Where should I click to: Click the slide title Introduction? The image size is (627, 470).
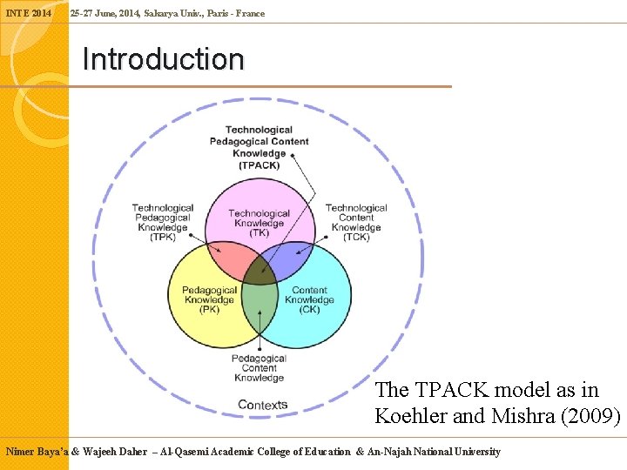tap(163, 60)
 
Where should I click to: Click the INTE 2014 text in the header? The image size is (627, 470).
tap(28, 13)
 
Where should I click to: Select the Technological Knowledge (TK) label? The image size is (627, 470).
tap(259, 223)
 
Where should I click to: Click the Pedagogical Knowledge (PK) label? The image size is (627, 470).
tap(209, 299)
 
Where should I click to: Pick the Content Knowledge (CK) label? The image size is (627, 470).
tap(309, 299)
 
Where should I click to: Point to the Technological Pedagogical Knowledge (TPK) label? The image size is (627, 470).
tap(163, 223)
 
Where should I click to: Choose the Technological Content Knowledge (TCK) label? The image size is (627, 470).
tap(356, 223)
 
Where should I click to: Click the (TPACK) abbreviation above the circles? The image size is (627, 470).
tap(259, 165)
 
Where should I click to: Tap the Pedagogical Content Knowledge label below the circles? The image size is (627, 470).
tap(259, 368)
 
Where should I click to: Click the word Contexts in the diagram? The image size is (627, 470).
tap(262, 405)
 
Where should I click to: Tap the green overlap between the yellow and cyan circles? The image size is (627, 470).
tap(259, 305)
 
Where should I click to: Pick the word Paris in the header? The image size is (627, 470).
tap(219, 13)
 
